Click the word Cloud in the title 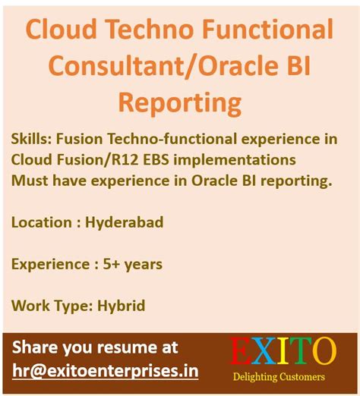click(x=65, y=31)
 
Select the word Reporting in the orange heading click(x=180, y=102)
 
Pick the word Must click(x=30, y=181)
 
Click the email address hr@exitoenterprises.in click(x=106, y=371)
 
